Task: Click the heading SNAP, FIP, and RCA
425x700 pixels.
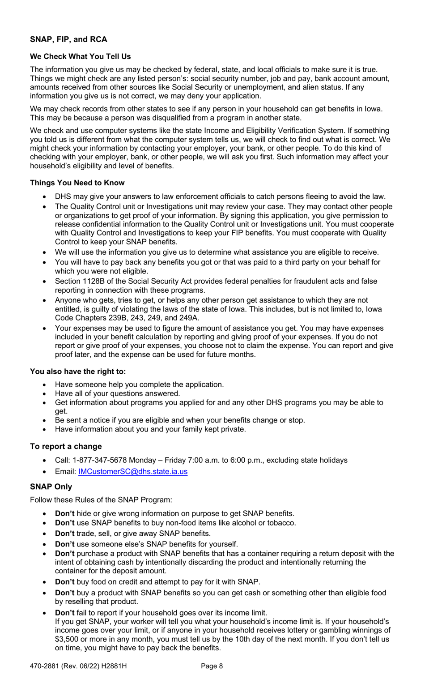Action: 68,39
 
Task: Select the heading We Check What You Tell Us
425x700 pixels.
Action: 80,56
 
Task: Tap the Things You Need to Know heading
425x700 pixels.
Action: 77,183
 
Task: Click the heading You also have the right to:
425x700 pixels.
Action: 78,371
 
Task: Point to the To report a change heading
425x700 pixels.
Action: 66,446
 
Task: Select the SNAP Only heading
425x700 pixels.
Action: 51,487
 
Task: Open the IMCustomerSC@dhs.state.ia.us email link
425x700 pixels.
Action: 133,471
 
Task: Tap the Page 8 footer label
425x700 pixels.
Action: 212,666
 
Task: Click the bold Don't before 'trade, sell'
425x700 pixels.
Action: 64,534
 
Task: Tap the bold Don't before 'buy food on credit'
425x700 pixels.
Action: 64,582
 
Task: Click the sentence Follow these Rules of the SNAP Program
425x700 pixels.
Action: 101,500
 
